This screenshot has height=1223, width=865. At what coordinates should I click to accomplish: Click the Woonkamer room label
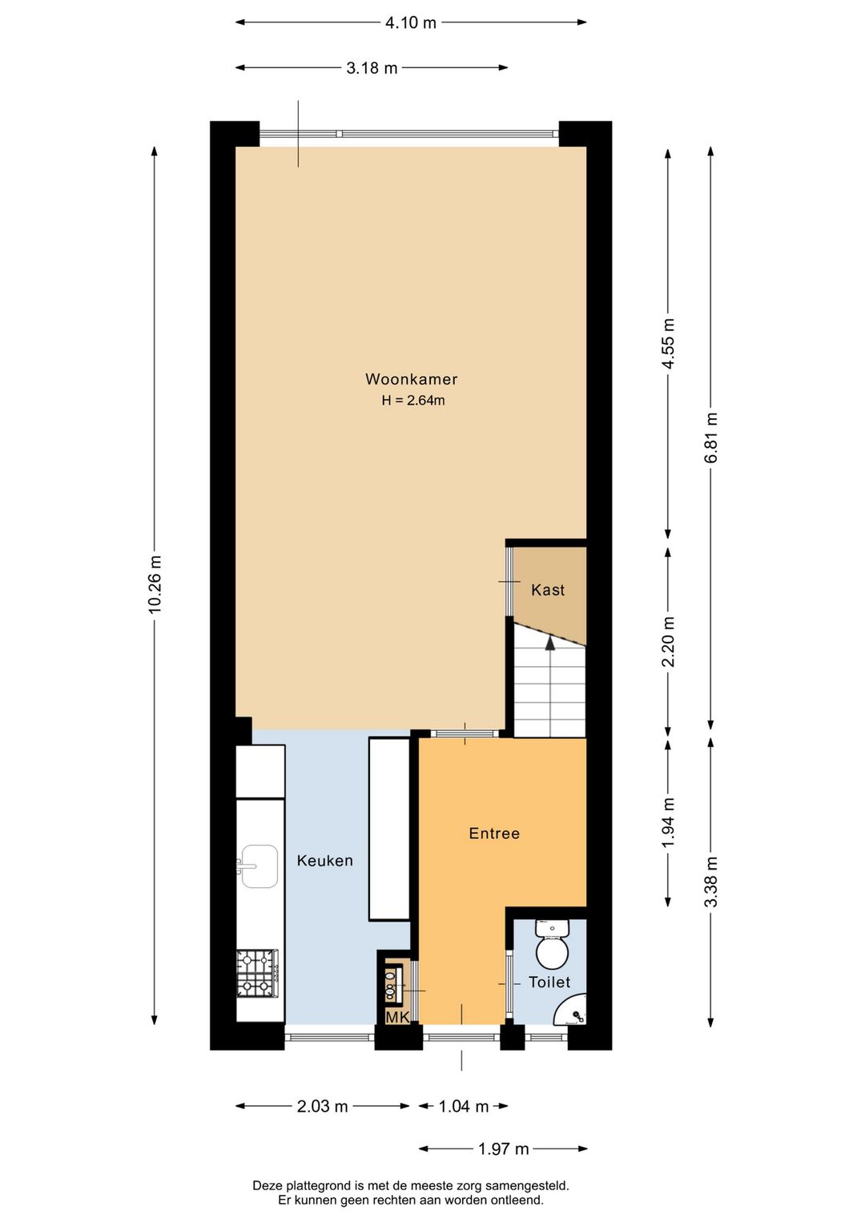[x=411, y=379]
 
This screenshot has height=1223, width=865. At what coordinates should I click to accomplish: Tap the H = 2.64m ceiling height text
[x=412, y=401]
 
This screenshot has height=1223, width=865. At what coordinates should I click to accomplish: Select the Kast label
[x=548, y=590]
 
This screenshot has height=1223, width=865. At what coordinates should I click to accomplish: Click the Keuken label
[x=324, y=861]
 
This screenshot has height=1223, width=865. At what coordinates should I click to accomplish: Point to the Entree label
[x=494, y=833]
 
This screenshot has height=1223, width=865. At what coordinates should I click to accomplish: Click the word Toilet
[x=549, y=982]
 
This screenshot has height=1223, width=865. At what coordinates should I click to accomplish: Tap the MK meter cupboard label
[x=397, y=1017]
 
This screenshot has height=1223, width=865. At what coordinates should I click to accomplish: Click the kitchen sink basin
[x=259, y=866]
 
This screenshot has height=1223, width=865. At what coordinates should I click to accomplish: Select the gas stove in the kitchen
[x=257, y=972]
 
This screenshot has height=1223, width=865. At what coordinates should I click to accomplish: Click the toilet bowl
[x=552, y=952]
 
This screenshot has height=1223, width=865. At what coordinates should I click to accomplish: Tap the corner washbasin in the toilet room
[x=574, y=1012]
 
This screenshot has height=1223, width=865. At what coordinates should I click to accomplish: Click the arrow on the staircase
[x=549, y=642]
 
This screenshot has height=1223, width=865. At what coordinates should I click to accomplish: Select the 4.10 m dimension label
[x=411, y=22]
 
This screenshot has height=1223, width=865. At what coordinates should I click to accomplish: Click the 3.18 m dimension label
[x=372, y=68]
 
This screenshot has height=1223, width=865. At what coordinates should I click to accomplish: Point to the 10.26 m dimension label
[x=155, y=585]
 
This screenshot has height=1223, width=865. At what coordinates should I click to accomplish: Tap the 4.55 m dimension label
[x=668, y=343]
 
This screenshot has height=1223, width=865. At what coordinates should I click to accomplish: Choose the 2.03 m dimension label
[x=322, y=1106]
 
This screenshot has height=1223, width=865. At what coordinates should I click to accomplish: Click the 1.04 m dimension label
[x=463, y=1106]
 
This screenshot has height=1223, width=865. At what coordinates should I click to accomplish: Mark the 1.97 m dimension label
[x=503, y=1148]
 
